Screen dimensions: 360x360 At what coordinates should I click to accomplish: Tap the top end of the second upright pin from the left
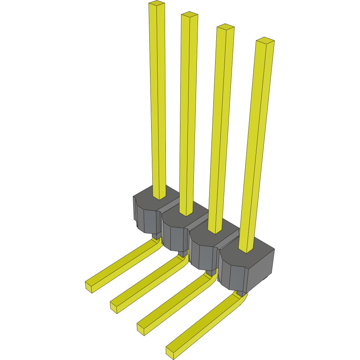point(190,15)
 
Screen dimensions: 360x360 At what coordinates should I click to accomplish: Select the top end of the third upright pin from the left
point(226,27)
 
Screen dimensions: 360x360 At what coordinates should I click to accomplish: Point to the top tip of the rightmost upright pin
point(265,40)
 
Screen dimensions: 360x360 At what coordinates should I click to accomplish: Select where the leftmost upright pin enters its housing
point(159,197)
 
